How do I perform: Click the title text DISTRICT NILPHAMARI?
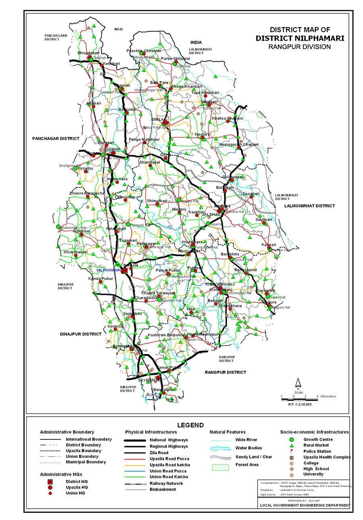300,38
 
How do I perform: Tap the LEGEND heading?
190,425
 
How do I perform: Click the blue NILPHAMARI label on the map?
108,270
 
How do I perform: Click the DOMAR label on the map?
113,149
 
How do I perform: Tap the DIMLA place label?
159,120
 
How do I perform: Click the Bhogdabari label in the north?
88,53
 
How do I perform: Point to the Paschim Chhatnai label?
144,50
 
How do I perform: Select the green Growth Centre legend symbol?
292,439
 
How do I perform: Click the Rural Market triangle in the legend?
292,445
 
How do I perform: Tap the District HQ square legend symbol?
50,482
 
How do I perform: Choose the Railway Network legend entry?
167,483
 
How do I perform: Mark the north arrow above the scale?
298,382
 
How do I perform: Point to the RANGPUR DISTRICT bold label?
225,372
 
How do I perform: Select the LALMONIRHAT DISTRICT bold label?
309,206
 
